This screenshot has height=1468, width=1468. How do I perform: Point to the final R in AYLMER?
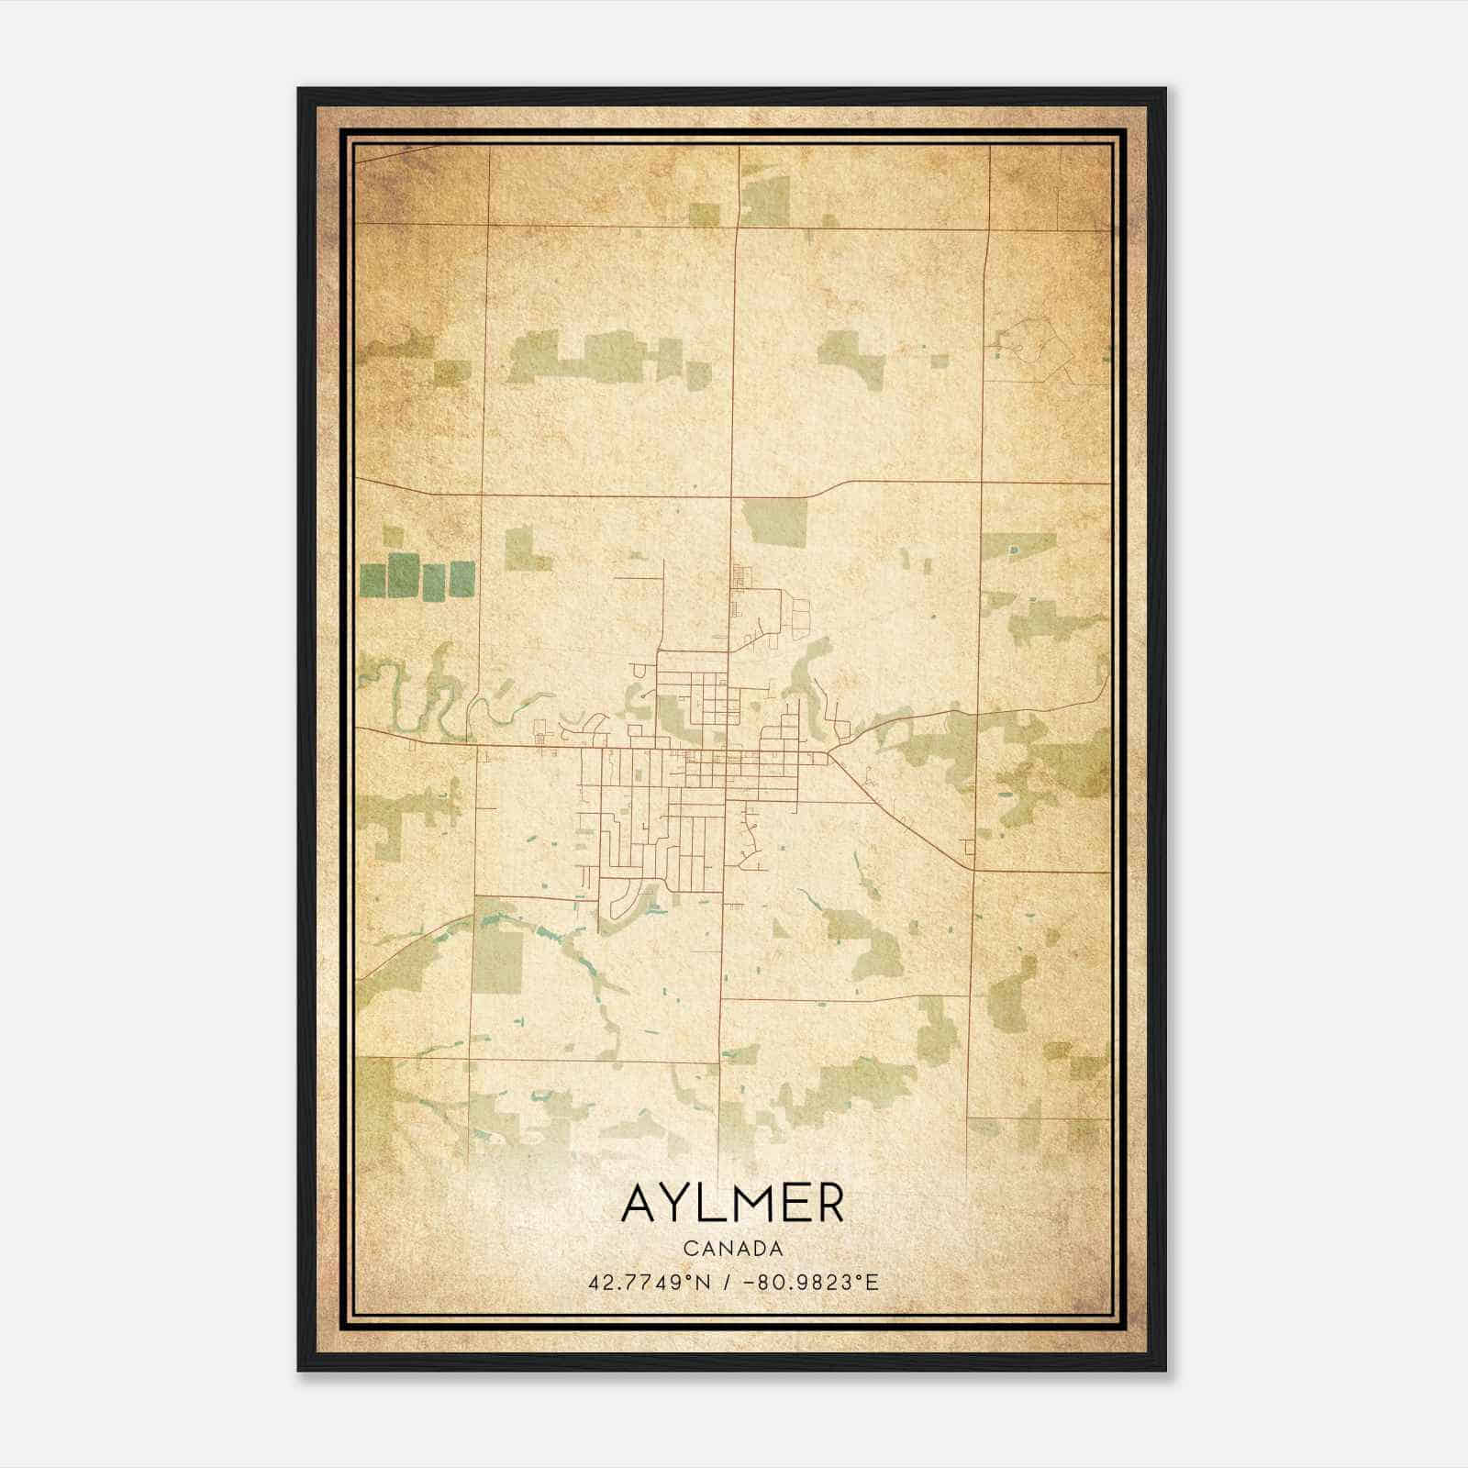click(828, 1203)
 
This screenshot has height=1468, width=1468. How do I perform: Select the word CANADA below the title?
click(733, 1249)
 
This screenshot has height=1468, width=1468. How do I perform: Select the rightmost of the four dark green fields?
click(462, 577)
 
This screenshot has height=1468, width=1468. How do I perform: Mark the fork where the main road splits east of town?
click(830, 755)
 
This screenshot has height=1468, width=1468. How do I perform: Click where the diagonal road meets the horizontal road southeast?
click(971, 868)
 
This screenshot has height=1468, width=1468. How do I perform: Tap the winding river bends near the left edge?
click(404, 697)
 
